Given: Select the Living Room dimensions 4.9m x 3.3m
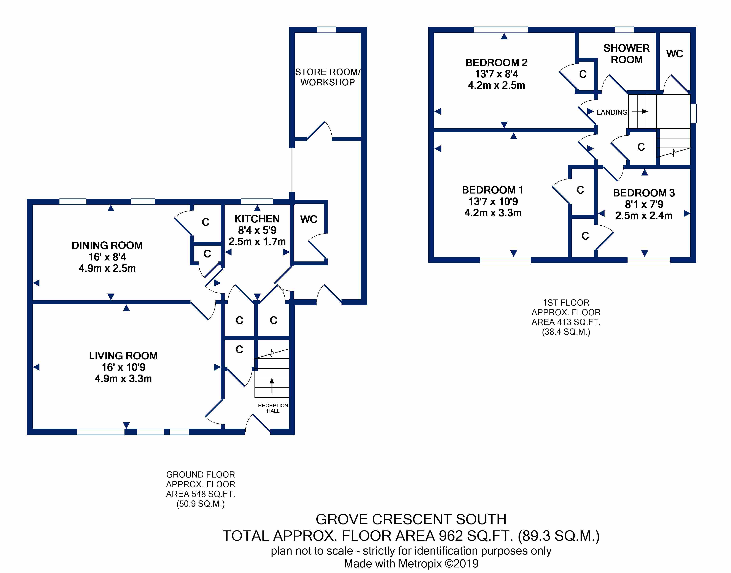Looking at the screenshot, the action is click(x=123, y=379).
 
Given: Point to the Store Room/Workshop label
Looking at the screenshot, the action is click(x=328, y=77).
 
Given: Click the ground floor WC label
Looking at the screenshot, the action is click(x=309, y=219).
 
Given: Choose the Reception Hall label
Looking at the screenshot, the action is click(x=273, y=408).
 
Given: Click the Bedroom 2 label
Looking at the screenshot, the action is click(x=496, y=63).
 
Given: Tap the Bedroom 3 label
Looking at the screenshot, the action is click(x=644, y=193).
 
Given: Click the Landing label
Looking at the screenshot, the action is click(x=612, y=112).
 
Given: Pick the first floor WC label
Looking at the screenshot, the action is click(x=675, y=54).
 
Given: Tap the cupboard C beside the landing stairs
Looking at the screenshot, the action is click(x=641, y=147).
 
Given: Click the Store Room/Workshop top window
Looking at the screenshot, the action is click(x=326, y=30).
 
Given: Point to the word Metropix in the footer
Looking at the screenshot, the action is click(x=420, y=564).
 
